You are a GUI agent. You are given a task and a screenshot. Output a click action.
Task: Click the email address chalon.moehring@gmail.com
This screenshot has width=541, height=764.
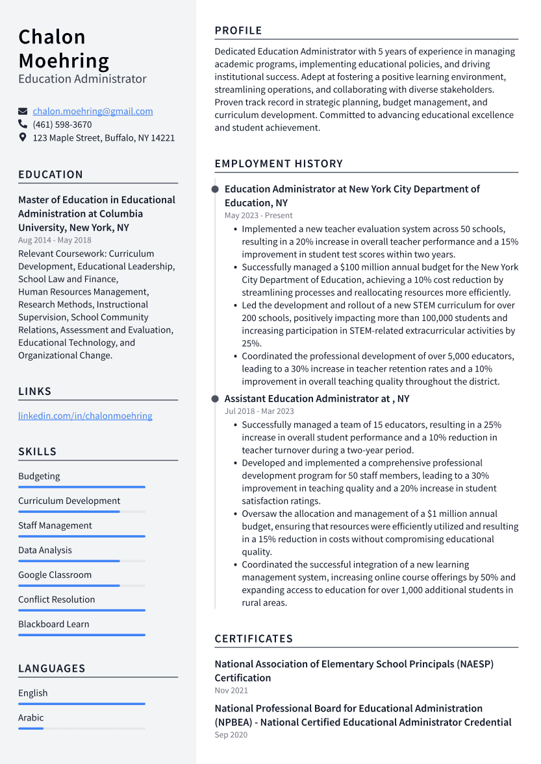coord(93,111)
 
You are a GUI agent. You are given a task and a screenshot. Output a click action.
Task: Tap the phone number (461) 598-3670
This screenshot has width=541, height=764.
coord(62,125)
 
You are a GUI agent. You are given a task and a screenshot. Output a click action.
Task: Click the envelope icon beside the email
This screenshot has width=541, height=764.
coord(23,111)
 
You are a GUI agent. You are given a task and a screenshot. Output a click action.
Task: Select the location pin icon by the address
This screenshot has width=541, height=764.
coord(23,137)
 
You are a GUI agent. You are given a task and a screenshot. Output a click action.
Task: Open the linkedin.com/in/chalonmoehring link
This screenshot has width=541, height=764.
coord(85,416)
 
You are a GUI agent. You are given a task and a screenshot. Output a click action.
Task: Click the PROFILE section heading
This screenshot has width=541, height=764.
coord(238,30)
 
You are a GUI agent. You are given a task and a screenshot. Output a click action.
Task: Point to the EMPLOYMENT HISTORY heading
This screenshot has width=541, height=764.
coord(279,163)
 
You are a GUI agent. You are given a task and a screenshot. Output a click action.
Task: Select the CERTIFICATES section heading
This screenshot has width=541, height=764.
coord(253,639)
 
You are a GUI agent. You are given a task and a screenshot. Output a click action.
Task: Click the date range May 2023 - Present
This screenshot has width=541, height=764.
coord(258,215)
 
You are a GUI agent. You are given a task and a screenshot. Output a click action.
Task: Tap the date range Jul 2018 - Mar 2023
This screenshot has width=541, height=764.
coord(259,411)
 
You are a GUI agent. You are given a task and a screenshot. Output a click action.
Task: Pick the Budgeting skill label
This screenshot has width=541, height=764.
coord(39,476)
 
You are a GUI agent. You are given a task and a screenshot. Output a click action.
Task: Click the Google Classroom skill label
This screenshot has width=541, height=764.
coord(55,575)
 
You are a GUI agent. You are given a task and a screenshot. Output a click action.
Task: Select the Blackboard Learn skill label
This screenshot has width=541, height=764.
coord(54,624)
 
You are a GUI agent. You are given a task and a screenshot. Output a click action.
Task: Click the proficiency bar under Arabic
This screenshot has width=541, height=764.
coord(81,728)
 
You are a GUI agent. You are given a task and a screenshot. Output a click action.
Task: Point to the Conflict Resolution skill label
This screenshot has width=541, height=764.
coord(57,599)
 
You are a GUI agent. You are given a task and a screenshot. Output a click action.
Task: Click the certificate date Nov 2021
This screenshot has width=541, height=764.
coord(231,691)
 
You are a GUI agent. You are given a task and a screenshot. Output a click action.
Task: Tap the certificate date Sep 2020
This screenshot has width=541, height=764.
coord(231,735)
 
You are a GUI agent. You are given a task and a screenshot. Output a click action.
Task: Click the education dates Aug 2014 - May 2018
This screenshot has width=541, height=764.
coord(55,240)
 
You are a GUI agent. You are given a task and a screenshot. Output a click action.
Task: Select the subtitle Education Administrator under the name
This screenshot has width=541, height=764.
coord(82,79)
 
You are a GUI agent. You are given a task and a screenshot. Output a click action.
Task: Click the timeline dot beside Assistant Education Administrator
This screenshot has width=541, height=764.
coord(215,399)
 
